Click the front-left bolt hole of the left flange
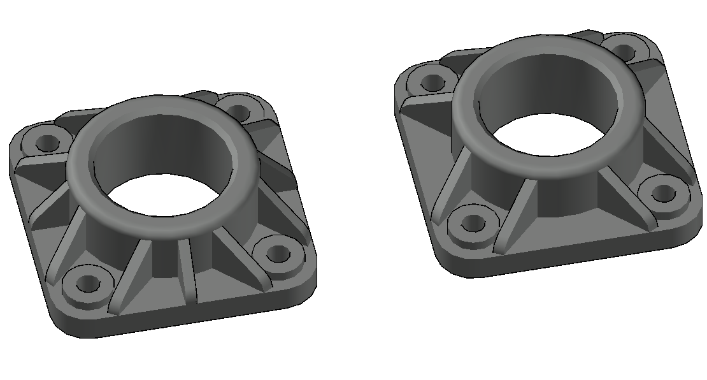pyautogui.click(x=87, y=282)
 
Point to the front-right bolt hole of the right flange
pyautogui.click(x=663, y=193)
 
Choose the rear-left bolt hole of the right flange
pyautogui.click(x=433, y=82)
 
